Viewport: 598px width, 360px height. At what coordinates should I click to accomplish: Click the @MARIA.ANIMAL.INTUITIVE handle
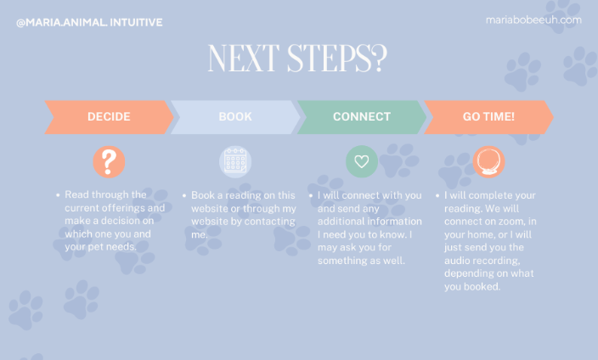click(x=89, y=22)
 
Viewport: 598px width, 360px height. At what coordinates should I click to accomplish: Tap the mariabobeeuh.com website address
click(x=533, y=20)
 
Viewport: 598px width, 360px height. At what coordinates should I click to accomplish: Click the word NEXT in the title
click(x=244, y=58)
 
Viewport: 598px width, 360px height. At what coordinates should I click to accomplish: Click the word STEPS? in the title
click(x=337, y=58)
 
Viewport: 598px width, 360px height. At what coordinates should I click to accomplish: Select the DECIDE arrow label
click(x=109, y=116)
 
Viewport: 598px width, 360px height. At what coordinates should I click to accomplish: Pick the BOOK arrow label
click(x=235, y=116)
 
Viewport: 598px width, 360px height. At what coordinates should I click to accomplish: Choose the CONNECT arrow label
click(x=362, y=116)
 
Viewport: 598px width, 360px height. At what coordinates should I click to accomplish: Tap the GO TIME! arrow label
click(x=488, y=116)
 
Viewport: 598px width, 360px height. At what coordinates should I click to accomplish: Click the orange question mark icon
click(x=109, y=161)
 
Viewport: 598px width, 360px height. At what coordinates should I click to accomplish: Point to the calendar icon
click(x=235, y=161)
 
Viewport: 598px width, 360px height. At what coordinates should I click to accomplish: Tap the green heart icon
click(x=362, y=161)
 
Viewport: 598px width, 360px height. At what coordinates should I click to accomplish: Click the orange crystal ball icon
click(x=488, y=161)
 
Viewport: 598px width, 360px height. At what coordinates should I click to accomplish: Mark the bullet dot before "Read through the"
click(x=58, y=195)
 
